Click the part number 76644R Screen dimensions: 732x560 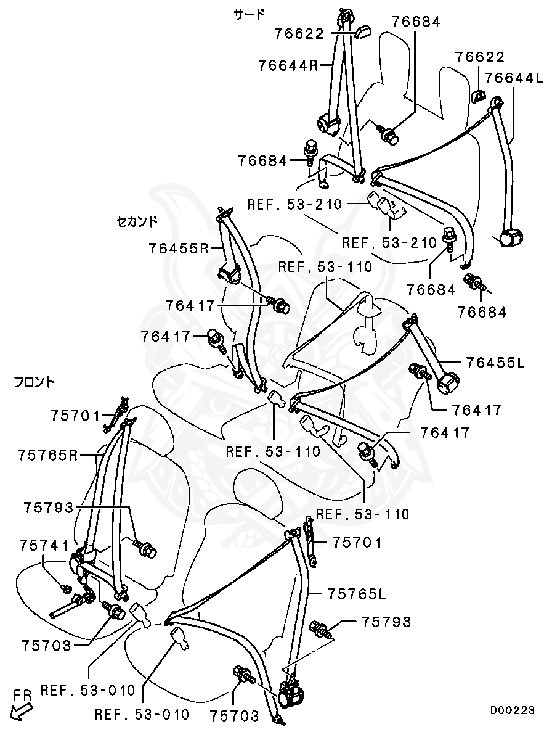click(288, 65)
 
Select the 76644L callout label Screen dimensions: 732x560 click(514, 78)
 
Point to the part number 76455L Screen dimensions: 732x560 click(495, 363)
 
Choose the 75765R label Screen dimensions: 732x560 click(48, 455)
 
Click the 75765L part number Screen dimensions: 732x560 click(357, 594)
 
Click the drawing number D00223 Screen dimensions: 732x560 click(512, 710)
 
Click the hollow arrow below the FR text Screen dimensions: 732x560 click(23, 712)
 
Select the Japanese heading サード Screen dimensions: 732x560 click(250, 14)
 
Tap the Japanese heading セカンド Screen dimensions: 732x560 click(137, 221)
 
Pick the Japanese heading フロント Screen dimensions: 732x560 click(34, 382)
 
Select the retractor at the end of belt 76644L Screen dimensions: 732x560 click(510, 237)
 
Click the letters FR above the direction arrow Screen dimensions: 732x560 click(23, 696)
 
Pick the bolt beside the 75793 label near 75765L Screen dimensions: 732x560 click(322, 630)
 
